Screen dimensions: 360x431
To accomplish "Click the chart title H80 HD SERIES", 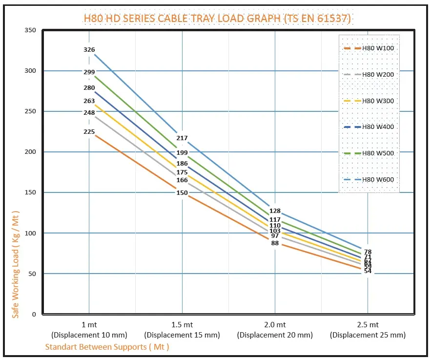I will (217, 19).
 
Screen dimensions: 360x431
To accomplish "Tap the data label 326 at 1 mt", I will (89, 50).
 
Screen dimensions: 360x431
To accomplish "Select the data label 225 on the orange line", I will (89, 132).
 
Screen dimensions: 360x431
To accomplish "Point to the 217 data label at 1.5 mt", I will (182, 138).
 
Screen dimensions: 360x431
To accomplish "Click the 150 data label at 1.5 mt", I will (182, 193).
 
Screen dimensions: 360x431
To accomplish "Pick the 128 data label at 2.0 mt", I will (275, 211).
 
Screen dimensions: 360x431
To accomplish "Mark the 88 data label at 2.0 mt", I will (275, 243).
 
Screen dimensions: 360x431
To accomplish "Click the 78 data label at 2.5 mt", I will (368, 252).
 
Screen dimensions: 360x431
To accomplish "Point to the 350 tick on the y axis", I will (30, 30).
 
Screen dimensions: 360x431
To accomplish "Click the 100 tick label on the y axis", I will (30, 233).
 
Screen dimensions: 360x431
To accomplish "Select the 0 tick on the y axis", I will (34, 314).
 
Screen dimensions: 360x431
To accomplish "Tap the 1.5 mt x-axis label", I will (182, 325).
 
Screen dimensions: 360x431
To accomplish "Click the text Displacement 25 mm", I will (368, 335).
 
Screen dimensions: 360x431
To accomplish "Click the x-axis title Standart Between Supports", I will (107, 347).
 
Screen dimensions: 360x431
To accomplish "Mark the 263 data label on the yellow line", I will (89, 102).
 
